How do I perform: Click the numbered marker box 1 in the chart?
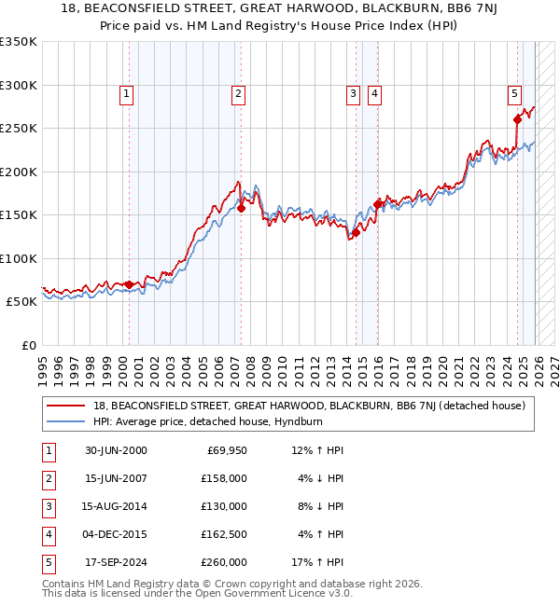126,93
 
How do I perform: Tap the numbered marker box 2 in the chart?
239,93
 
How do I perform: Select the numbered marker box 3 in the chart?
354,93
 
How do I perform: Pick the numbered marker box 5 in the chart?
514,93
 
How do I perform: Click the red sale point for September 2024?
517,119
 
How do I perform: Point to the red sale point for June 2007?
241,208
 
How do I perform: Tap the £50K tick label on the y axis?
21,302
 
